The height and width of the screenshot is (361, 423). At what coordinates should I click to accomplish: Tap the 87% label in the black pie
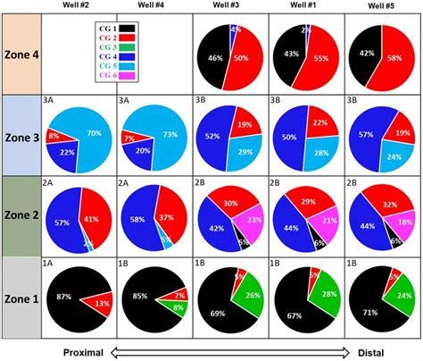coord(63,296)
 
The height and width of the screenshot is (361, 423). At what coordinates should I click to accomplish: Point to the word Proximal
coord(87,352)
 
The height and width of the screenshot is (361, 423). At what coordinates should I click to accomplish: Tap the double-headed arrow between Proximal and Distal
coord(228,352)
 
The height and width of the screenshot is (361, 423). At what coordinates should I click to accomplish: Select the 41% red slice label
coord(90,217)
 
